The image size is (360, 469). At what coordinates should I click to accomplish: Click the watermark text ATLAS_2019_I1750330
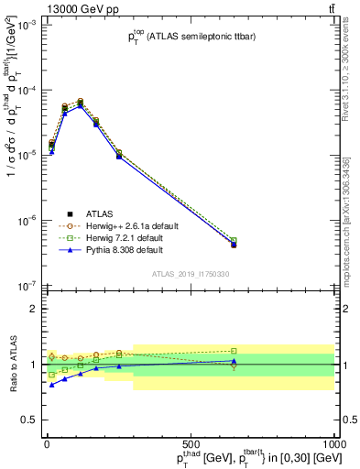coord(190,274)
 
